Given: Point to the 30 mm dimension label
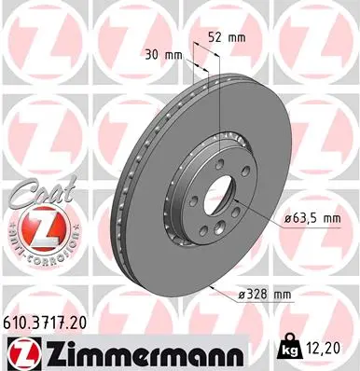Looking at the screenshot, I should pos(168,54).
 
